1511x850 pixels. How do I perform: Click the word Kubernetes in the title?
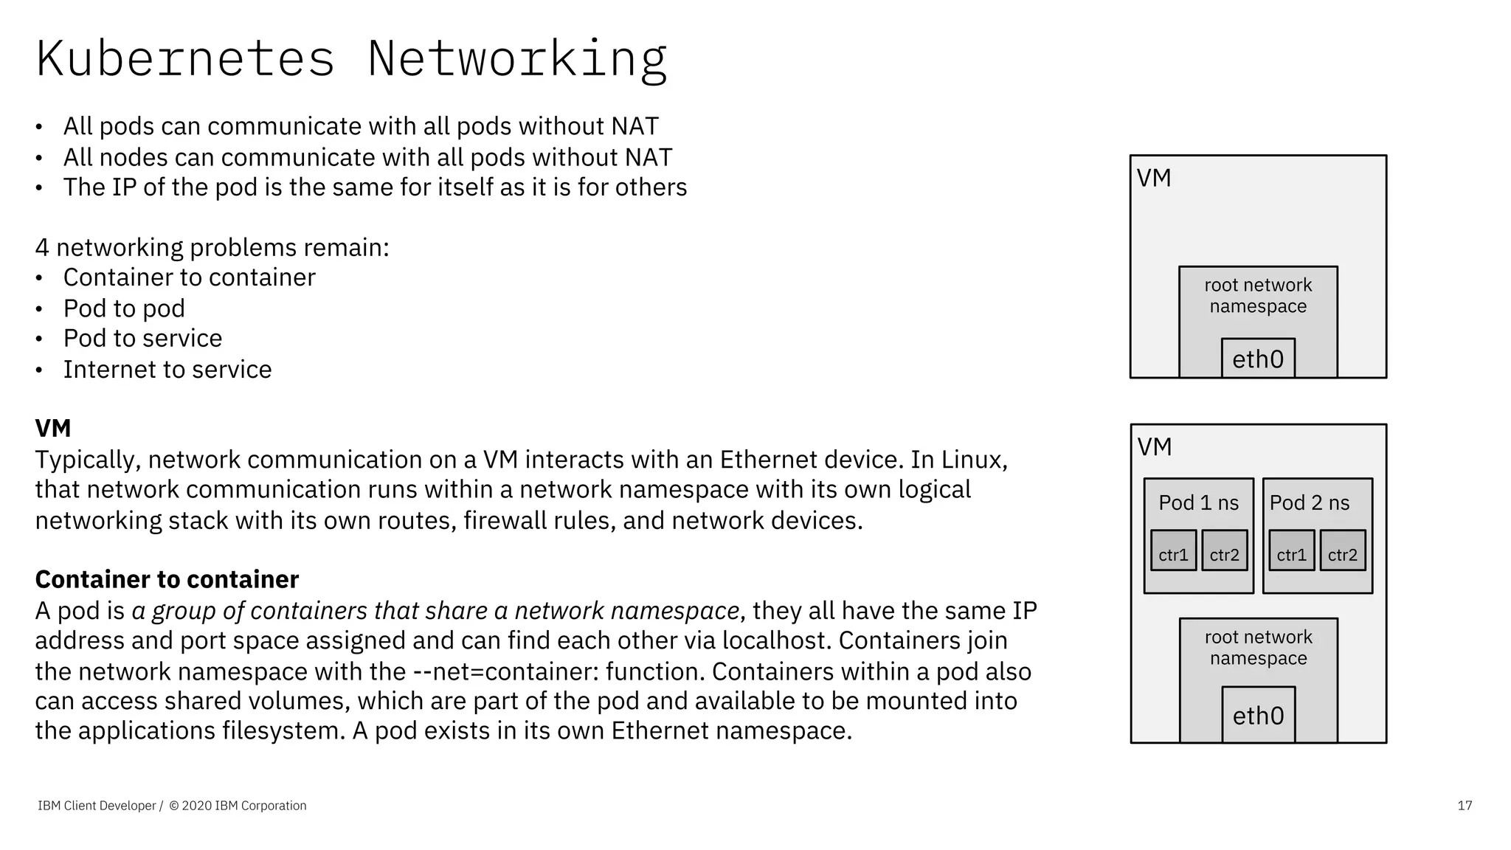(185, 59)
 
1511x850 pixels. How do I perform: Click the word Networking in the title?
(517, 59)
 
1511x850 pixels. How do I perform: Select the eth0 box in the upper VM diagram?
(1258, 359)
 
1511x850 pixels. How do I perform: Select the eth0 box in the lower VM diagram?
(1258, 715)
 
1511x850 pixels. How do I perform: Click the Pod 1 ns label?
(1198, 502)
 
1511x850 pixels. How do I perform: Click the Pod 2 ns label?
(1309, 502)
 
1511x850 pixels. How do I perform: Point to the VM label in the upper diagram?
(1154, 178)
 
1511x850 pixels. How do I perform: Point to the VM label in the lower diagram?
(1155, 446)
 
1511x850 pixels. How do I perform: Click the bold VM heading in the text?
(53, 428)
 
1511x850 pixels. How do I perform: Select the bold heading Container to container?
(167, 579)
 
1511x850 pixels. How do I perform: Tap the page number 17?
(1465, 806)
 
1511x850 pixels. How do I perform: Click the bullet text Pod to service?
(142, 338)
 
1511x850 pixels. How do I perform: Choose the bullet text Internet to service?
(167, 369)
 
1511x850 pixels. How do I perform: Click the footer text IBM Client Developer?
(97, 806)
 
